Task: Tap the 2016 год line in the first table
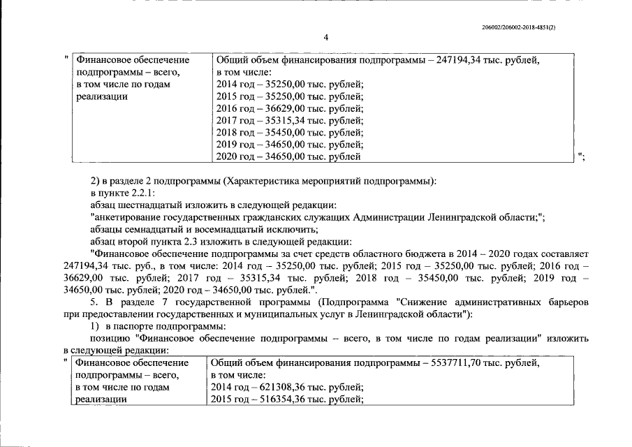(x=290, y=108)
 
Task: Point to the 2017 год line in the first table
(x=290, y=120)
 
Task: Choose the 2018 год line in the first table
(x=290, y=132)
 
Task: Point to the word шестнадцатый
(x=152, y=205)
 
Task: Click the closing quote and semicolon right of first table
(x=581, y=156)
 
